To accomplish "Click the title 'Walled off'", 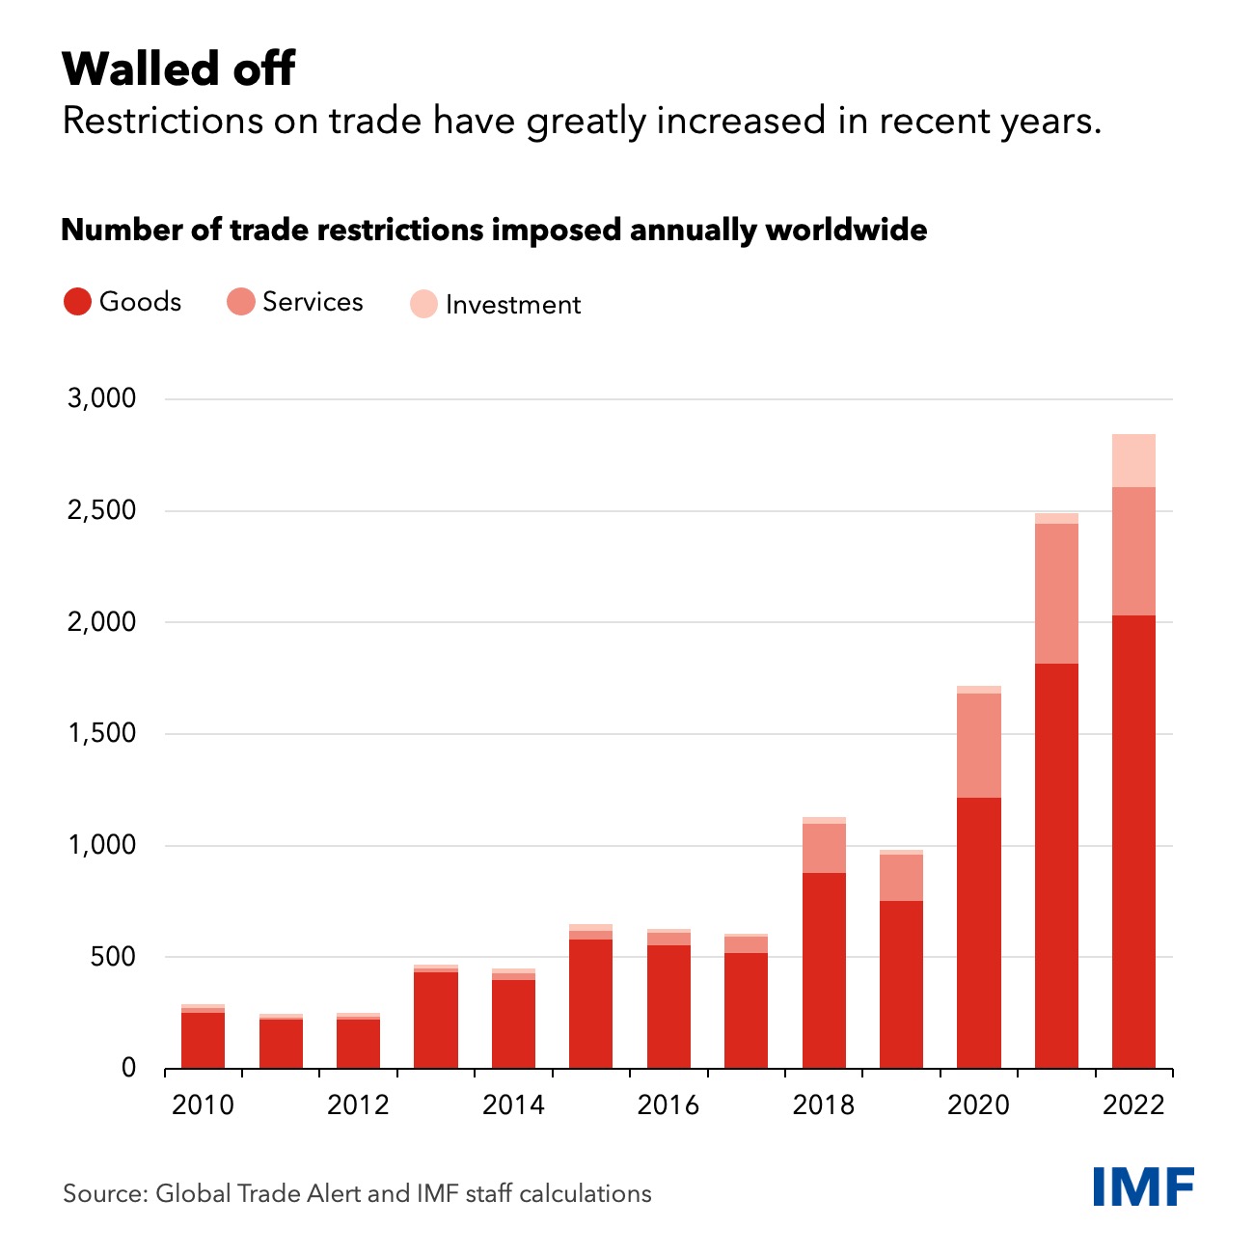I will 178,69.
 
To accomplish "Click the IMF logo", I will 1143,1186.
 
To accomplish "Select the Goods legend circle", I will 77,302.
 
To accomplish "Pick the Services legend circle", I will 240,302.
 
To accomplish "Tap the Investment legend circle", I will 423,305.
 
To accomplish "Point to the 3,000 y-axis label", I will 101,398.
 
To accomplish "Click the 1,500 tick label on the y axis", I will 101,733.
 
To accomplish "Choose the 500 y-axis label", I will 114,957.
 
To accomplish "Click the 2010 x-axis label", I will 203,1104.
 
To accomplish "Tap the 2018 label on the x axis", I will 823,1104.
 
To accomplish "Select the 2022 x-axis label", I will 1133,1104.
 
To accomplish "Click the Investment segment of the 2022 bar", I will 1133,461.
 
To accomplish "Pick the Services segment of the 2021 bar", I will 1056,593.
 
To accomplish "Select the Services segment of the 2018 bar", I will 824,848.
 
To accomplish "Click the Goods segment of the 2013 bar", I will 436,1020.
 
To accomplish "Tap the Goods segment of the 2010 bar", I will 203,1040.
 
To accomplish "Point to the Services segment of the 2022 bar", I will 1133,551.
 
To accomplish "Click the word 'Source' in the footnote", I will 102,1194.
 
